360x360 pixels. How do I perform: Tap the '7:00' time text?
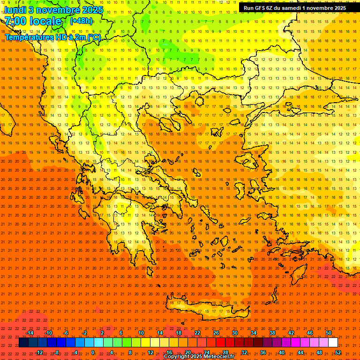[17, 21]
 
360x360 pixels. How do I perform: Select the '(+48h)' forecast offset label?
[81, 21]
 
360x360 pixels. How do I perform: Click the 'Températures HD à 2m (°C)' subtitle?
[53, 37]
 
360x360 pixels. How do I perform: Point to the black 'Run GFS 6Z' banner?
[295, 8]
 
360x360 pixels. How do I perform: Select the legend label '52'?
[338, 352]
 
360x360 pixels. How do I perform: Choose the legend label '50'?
[328, 333]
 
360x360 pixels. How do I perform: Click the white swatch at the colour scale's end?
[333, 343]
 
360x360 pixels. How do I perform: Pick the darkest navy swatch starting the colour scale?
[24, 343]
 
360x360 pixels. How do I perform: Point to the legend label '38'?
[272, 333]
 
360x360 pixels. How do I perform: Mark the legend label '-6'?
[66, 333]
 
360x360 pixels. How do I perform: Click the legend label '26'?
[216, 333]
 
